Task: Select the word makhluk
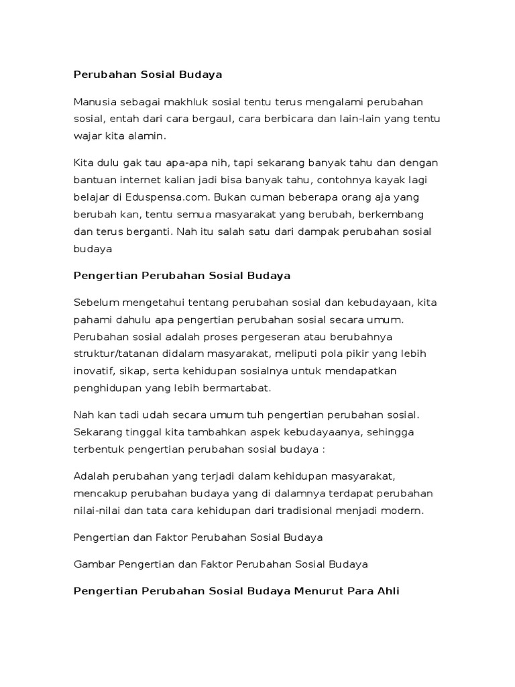click(x=187, y=102)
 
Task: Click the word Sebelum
click(x=95, y=303)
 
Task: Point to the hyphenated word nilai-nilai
click(x=95, y=511)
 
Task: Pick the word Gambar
click(x=93, y=565)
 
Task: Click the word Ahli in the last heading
click(x=387, y=592)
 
